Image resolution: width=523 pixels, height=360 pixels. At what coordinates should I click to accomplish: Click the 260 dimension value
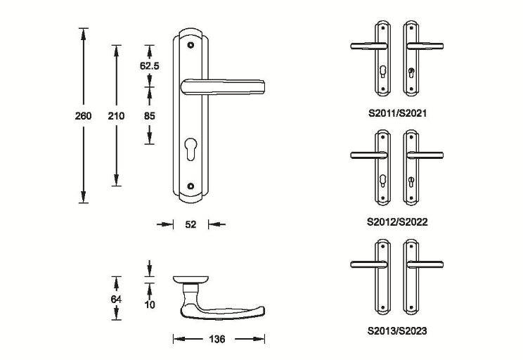tap(84, 115)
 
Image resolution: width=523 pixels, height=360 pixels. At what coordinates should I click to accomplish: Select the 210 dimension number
tap(116, 115)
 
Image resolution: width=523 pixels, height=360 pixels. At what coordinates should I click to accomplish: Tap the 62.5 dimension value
tap(149, 66)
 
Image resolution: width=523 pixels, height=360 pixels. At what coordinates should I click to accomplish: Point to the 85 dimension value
tap(149, 115)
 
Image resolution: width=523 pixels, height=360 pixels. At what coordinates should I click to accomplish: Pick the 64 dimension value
tap(117, 300)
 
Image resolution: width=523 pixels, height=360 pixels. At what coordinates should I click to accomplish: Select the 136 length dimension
tap(218, 340)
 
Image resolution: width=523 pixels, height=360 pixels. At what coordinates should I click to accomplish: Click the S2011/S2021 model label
tap(397, 112)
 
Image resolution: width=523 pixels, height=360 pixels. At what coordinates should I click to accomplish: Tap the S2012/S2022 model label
tap(397, 221)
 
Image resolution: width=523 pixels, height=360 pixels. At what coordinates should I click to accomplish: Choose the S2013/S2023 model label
tap(397, 329)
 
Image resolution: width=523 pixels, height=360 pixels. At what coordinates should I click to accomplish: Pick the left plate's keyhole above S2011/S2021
tap(382, 72)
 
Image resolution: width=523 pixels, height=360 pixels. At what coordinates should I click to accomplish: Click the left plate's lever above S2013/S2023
tap(369, 264)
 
